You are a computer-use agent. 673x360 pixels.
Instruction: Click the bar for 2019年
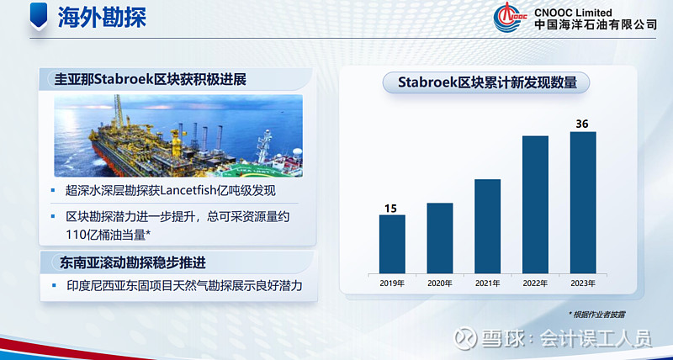click(392, 244)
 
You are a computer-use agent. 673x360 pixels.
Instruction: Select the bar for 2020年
click(440, 238)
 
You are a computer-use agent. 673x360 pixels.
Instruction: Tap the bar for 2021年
click(488, 226)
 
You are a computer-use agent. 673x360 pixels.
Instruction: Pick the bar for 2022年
click(535, 204)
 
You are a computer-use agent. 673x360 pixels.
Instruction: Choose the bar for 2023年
click(582, 202)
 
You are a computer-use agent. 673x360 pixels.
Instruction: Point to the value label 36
click(582, 124)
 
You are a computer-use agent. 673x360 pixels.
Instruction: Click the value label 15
click(391, 207)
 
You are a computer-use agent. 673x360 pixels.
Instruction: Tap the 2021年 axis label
click(488, 283)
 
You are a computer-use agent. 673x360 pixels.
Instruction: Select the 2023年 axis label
click(582, 283)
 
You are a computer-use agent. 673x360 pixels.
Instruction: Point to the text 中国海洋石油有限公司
click(596, 25)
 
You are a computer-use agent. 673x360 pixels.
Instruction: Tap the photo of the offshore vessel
click(178, 135)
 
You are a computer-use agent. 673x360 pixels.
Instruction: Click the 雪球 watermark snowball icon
click(467, 338)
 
